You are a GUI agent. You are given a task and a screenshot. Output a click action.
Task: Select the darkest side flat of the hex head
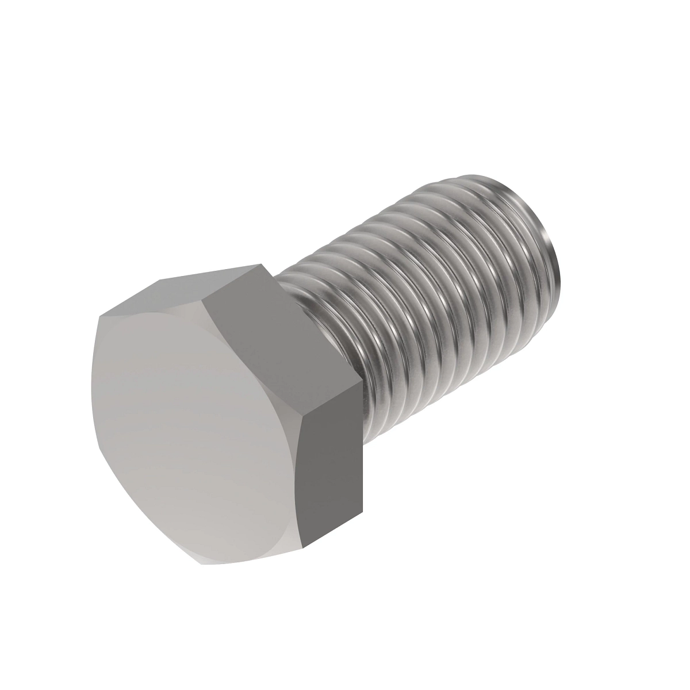click(x=332, y=460)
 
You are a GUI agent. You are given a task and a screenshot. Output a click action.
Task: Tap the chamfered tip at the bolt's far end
click(x=549, y=230)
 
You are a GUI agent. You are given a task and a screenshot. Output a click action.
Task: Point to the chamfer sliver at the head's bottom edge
click(x=253, y=555)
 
